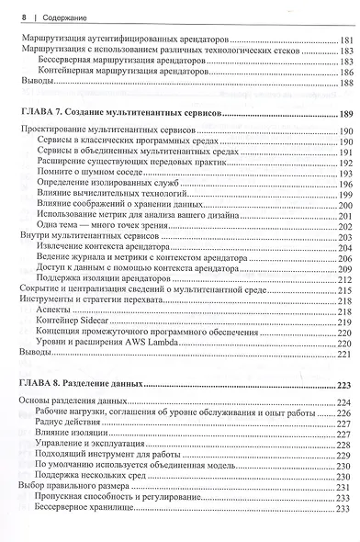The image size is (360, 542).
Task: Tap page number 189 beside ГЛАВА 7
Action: tap(345, 113)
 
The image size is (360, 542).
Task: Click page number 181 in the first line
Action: tap(345, 41)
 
